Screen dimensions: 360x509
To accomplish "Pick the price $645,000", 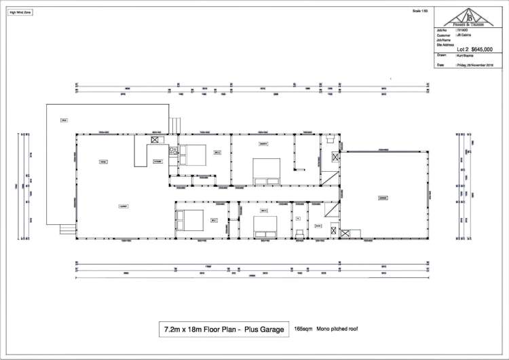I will (x=486, y=50).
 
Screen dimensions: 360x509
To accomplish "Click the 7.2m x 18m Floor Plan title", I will (x=223, y=329).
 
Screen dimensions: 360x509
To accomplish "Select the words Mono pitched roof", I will (x=337, y=329).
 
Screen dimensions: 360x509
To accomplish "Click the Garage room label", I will (x=383, y=198).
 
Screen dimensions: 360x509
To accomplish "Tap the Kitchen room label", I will (x=157, y=161).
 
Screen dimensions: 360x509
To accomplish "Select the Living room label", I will (x=104, y=162).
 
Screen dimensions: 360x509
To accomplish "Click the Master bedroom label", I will (x=263, y=145).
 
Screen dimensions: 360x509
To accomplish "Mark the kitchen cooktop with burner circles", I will (x=173, y=151).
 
